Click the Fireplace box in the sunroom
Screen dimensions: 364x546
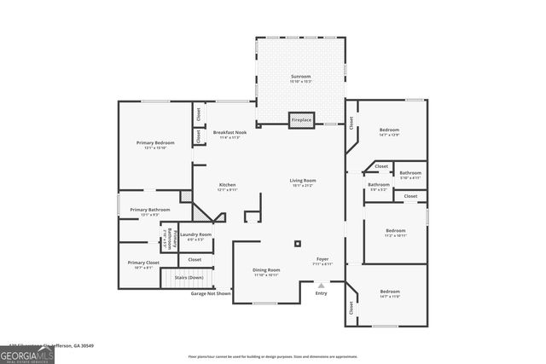pos(300,120)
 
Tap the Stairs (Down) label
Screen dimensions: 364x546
pos(189,278)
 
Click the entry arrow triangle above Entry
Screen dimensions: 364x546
pos(322,285)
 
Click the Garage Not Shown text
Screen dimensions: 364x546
pos(211,293)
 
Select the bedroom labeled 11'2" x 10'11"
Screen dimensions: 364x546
pos(395,232)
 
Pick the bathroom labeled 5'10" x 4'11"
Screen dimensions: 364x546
pos(410,174)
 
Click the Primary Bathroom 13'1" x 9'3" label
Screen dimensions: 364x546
pos(150,211)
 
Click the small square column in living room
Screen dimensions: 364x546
pos(297,244)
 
